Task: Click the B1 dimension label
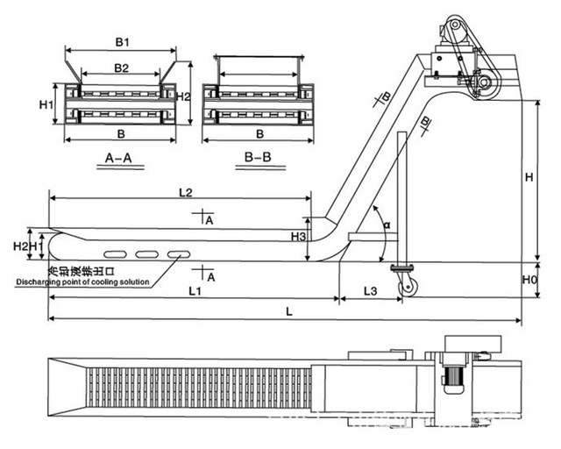[121, 42]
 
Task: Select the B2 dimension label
[121, 68]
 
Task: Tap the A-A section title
[118, 159]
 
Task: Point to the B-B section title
[259, 159]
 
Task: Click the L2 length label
[185, 191]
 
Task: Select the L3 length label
[370, 289]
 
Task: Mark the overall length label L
[290, 312]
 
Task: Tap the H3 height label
[299, 238]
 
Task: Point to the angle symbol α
[386, 225]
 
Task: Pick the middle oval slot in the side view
[146, 254]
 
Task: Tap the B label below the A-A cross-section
[120, 134]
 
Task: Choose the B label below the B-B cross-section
[259, 134]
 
